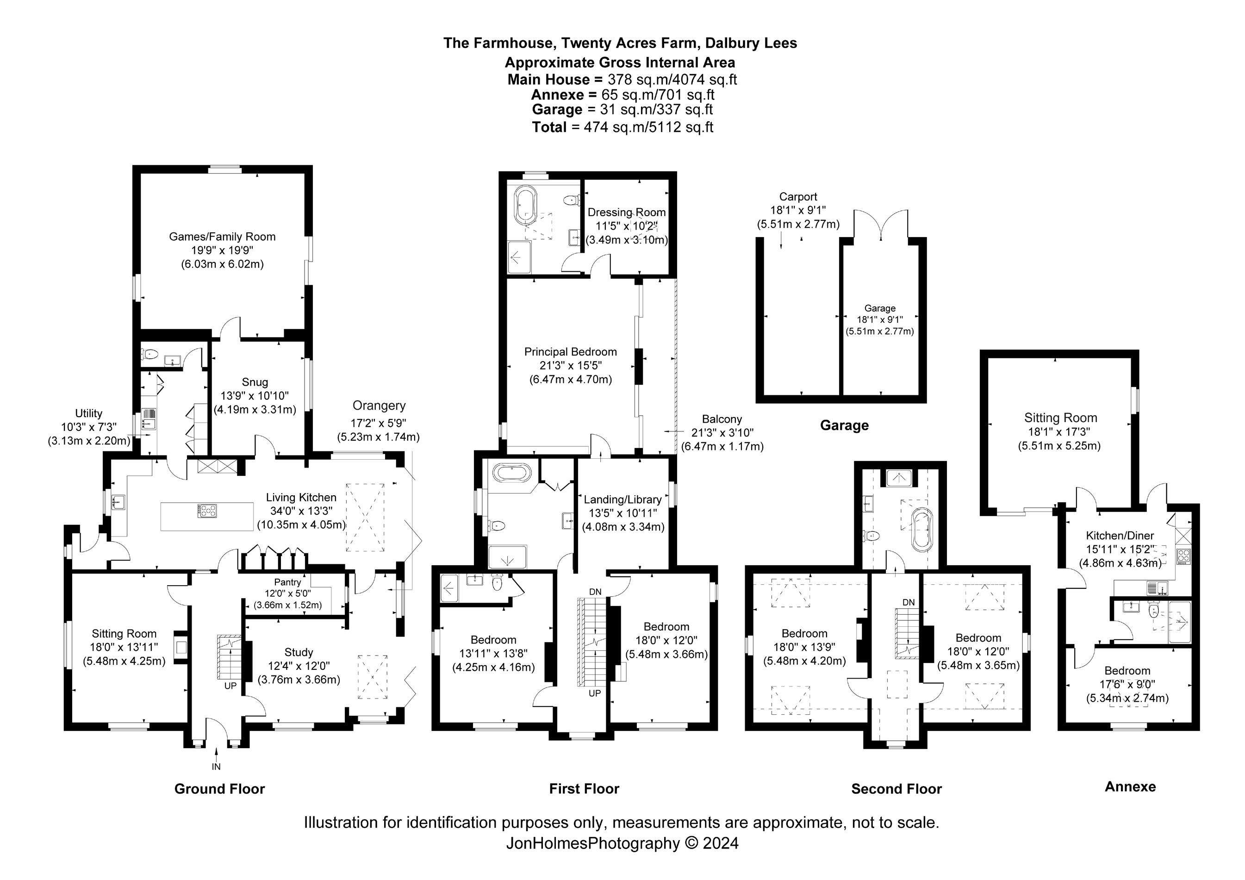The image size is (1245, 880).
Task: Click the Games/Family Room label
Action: (222, 237)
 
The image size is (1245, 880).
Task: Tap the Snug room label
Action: (254, 382)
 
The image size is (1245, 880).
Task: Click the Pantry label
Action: (287, 582)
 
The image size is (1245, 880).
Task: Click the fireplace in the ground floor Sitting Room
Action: (181, 647)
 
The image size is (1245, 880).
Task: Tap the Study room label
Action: (298, 652)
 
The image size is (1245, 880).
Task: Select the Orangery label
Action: (379, 406)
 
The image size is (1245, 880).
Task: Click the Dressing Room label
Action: (626, 212)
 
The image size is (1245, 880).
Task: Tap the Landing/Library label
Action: (622, 499)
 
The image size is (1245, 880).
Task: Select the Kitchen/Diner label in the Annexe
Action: (1119, 536)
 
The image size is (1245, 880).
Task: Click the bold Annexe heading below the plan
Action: (1130, 787)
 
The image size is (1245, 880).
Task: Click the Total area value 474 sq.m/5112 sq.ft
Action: (648, 127)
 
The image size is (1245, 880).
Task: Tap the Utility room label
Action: (88, 414)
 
